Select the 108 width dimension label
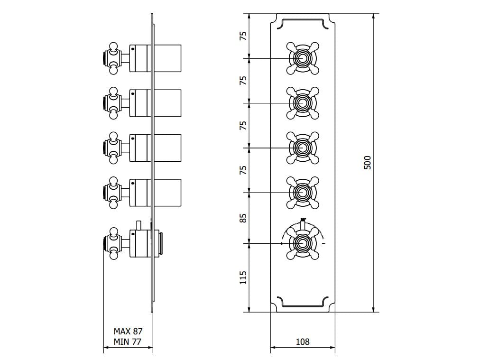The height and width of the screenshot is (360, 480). [303, 342]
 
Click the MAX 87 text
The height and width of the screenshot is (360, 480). [128, 331]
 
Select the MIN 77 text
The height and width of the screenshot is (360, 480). [128, 341]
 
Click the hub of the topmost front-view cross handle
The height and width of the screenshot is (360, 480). [302, 58]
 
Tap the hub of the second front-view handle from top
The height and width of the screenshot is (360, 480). [302, 103]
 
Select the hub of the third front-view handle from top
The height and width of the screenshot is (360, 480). [302, 148]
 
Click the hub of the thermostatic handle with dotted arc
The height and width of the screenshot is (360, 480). [302, 243]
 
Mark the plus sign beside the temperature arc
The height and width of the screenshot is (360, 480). [282, 244]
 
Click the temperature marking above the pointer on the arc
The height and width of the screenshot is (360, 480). [303, 220]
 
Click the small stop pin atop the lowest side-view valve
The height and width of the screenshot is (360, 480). [138, 224]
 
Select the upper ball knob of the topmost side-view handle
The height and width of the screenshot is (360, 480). [113, 46]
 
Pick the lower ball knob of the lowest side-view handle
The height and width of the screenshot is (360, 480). [113, 257]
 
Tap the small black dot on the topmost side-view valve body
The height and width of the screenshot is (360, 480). [133, 48]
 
